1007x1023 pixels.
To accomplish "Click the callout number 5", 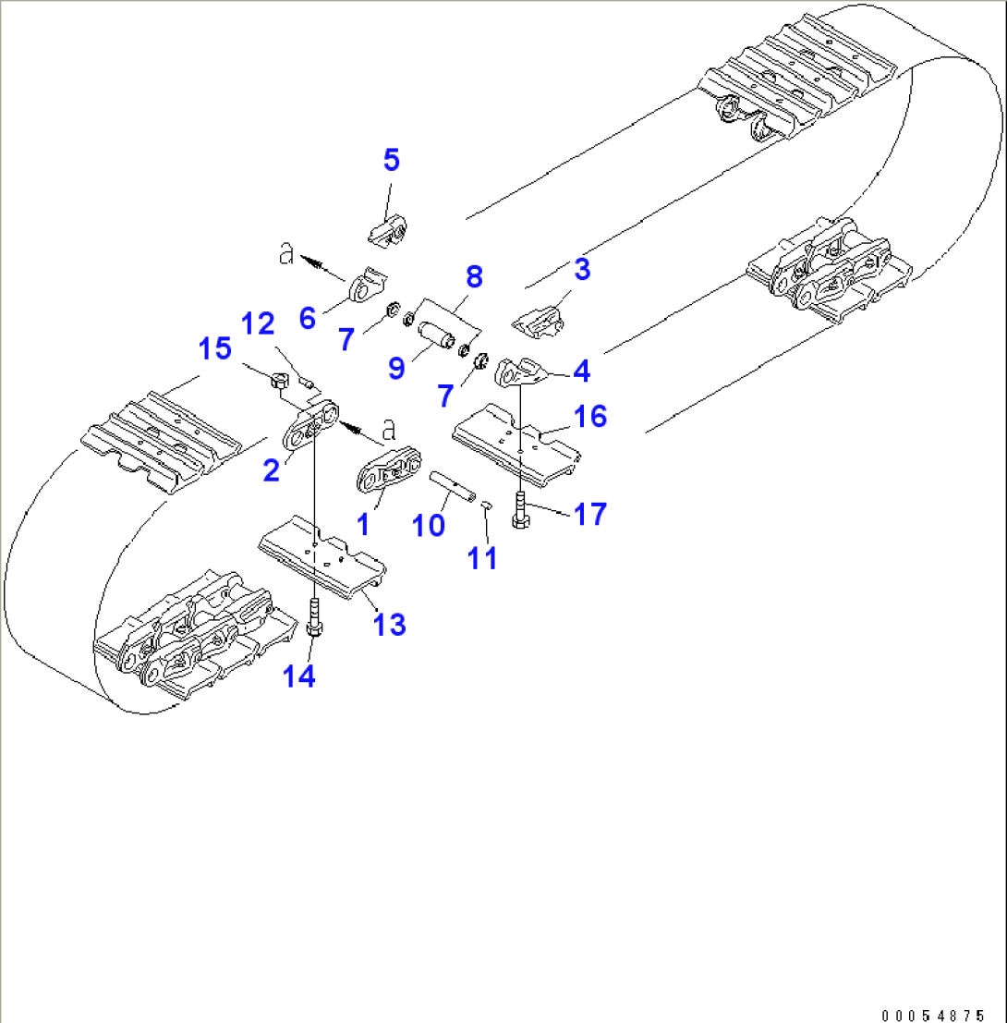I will [392, 160].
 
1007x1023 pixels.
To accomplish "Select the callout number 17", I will [590, 514].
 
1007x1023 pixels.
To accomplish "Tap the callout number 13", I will [389, 625].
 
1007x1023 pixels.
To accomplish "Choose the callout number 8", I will [474, 275].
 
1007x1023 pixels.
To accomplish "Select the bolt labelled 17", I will [520, 511].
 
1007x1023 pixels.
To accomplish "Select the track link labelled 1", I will [389, 474].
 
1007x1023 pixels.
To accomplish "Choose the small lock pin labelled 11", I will [487, 504].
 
